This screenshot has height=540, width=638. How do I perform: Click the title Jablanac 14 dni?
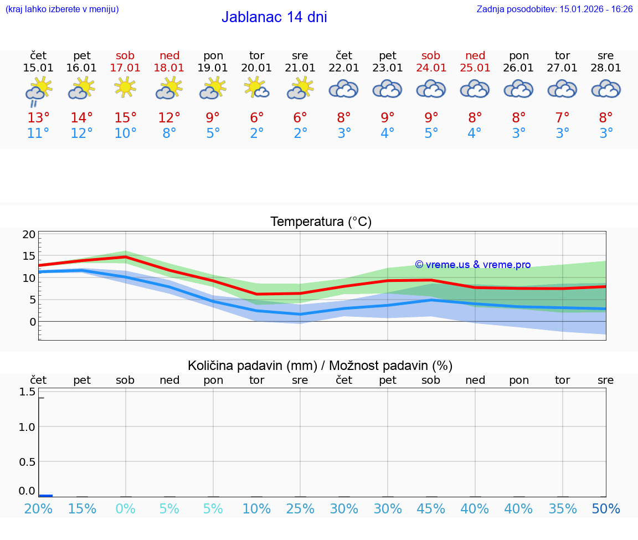274,17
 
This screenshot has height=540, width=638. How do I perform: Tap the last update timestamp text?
554,9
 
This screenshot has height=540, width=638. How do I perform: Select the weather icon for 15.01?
38,90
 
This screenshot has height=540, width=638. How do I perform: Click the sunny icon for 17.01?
125,87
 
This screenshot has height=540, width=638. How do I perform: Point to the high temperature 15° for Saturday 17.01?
125,118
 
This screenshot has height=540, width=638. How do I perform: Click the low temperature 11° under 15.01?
38,133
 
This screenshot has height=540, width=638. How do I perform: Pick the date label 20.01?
256,68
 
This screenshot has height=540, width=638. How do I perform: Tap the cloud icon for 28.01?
606,89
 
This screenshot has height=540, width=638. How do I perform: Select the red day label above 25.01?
475,55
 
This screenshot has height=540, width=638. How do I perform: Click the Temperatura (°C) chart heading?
321,222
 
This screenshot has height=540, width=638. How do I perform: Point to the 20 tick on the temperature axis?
29,234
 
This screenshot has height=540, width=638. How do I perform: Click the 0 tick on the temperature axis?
33,322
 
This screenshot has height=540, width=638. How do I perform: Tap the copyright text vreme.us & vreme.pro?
472,265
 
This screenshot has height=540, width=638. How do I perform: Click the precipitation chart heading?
320,366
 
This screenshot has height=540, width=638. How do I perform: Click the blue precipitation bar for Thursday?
45,495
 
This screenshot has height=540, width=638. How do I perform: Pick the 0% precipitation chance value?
125,508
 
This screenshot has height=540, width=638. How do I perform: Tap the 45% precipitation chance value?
431,508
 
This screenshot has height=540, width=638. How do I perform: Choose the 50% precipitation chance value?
606,508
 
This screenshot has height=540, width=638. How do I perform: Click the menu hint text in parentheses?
62,9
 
